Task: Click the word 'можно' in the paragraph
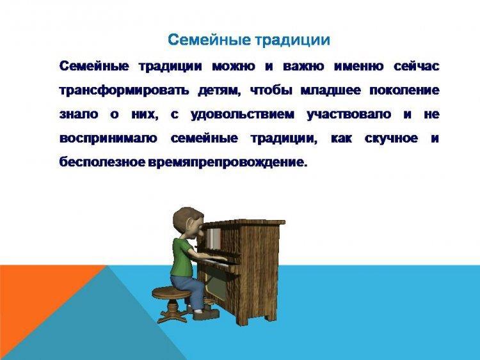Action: tap(233, 66)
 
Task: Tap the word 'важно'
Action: tap(303, 66)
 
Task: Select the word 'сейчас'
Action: tap(417, 66)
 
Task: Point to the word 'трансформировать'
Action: tap(124, 91)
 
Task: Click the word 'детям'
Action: tap(219, 91)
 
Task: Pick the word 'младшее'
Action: tap(330, 91)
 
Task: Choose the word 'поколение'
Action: tap(404, 91)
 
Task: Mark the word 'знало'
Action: tap(79, 114)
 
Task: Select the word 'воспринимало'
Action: tap(108, 139)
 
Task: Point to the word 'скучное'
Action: tap(391, 139)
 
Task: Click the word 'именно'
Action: tap(358, 66)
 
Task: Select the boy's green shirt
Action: tap(183, 258)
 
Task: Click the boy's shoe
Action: tap(207, 313)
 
